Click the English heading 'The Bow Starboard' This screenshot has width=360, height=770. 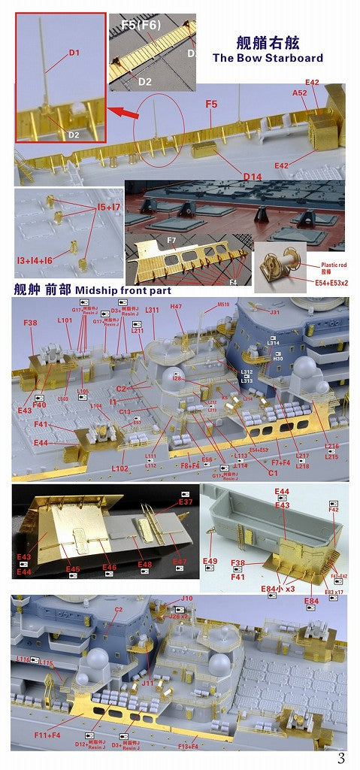[268, 57]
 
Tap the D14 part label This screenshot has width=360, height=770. [253, 176]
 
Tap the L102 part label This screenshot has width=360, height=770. [119, 468]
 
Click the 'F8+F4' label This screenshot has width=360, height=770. [191, 466]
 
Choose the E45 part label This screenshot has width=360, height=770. [72, 568]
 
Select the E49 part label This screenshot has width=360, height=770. [210, 561]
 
